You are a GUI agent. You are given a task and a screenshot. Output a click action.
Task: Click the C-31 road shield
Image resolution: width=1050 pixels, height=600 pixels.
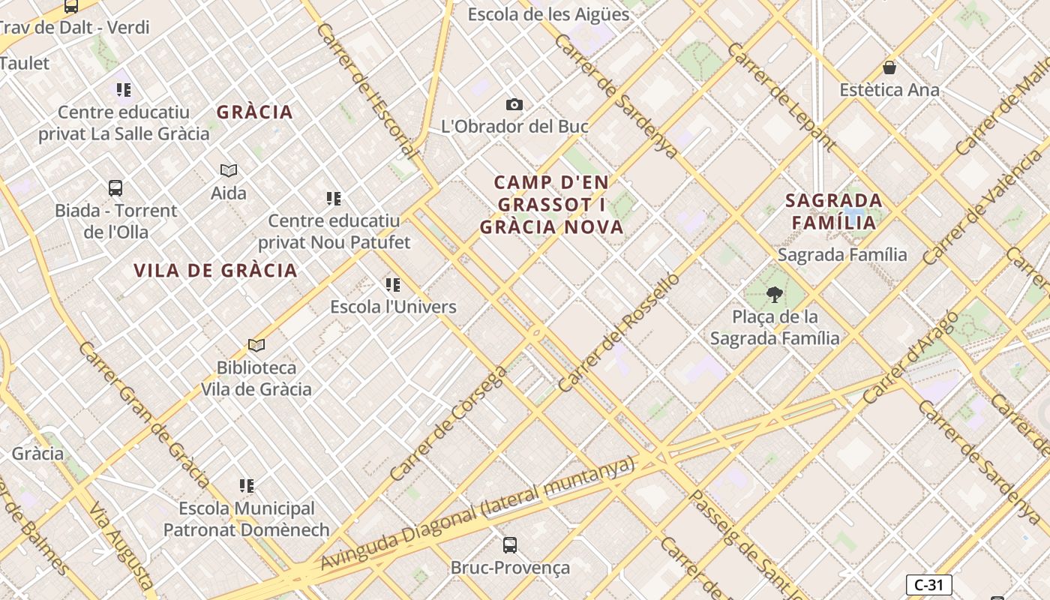928,585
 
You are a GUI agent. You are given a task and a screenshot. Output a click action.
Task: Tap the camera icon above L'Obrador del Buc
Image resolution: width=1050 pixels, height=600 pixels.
514,105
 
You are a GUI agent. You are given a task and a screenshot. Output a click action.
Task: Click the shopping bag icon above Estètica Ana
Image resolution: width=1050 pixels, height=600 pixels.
889,68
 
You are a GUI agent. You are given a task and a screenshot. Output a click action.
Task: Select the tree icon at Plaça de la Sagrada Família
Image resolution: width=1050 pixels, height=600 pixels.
775,295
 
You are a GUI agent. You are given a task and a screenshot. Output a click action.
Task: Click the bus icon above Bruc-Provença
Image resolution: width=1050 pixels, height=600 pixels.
510,545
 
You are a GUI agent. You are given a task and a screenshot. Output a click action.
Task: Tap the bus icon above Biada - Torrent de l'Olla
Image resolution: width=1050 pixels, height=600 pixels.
115,188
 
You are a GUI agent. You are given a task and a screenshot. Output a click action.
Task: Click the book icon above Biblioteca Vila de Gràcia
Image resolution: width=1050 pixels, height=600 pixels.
256,346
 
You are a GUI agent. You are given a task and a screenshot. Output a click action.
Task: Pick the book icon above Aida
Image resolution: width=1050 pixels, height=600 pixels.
229,171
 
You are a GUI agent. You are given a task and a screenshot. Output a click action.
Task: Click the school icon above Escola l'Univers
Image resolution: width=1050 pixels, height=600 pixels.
393,285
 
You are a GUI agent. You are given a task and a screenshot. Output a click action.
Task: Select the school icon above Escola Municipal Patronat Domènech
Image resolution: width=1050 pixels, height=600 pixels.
247,486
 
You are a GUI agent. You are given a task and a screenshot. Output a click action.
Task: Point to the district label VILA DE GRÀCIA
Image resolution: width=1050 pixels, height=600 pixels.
215,271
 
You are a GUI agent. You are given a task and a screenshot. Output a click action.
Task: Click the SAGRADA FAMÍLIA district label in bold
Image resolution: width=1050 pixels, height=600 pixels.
833,211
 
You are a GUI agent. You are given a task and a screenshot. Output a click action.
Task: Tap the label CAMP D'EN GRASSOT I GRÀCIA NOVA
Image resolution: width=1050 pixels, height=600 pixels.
552,205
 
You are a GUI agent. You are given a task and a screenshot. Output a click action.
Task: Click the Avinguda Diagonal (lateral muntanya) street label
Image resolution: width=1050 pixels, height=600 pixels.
478,514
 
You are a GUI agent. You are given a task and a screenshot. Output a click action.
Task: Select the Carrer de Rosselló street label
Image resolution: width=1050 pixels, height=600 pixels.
619,333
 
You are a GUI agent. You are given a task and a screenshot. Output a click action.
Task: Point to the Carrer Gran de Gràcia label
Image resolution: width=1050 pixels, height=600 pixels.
142,414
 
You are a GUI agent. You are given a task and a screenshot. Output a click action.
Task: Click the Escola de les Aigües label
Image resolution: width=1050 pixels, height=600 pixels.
548,14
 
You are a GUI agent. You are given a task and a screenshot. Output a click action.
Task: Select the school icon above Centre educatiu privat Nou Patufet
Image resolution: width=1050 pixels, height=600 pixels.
334,199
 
